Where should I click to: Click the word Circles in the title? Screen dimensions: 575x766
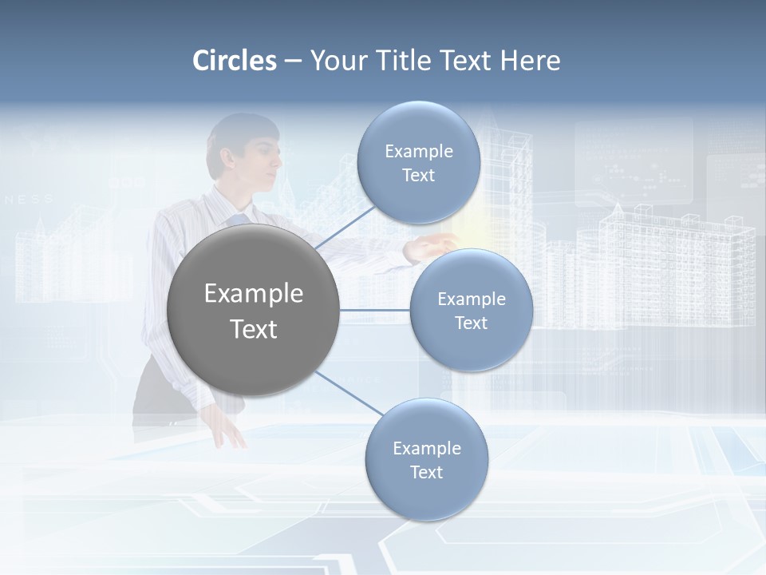coord(235,61)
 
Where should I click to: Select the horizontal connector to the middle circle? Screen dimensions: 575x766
coord(375,310)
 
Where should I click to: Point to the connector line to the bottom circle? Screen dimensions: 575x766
coord(349,393)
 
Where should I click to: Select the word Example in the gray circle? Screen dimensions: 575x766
coord(254,294)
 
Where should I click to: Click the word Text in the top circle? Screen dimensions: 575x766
coord(419,176)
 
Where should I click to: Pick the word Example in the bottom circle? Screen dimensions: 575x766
coord(427,448)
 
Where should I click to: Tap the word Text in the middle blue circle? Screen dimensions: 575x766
coord(471,323)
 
